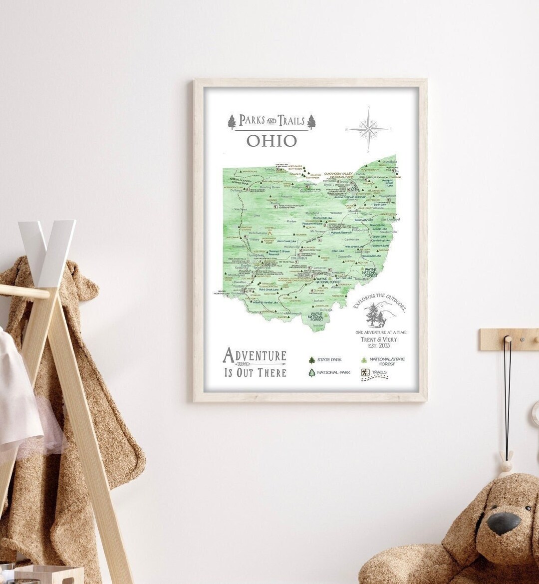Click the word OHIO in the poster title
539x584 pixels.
tap(271, 141)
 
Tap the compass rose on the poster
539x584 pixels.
tap(368, 129)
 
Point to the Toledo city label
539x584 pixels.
tap(269, 170)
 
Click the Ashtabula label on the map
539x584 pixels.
tap(389, 162)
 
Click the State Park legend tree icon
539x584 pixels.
tap(312, 360)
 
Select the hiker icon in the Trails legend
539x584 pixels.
tap(365, 373)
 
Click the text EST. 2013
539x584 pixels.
tap(377, 345)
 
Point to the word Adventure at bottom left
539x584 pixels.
tap(255, 355)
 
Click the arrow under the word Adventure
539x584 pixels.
tap(255, 365)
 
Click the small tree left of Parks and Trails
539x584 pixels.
tap(232, 121)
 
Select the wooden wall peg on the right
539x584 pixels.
tap(508, 340)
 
